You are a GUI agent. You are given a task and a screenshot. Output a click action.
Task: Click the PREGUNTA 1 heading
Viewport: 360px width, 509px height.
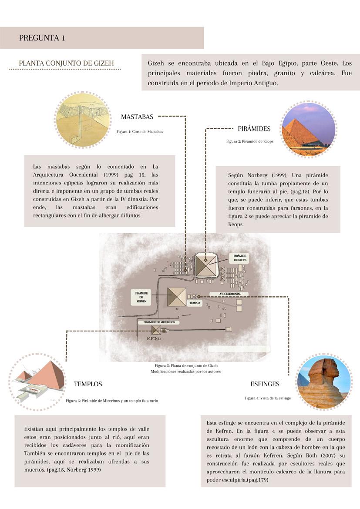42,38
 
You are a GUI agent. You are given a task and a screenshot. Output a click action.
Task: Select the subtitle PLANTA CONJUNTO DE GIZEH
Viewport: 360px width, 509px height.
66,63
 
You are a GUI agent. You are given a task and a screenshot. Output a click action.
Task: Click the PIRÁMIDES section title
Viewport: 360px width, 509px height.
254,129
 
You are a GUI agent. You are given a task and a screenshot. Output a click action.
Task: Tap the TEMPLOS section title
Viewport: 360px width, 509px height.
88,384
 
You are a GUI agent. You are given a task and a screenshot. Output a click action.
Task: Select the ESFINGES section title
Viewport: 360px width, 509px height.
265,384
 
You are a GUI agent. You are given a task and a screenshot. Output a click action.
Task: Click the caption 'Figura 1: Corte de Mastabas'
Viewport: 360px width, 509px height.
140,131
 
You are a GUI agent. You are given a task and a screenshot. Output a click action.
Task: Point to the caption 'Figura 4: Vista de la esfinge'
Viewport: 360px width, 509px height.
267,398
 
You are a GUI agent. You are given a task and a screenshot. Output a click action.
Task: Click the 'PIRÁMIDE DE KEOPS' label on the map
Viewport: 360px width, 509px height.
240,258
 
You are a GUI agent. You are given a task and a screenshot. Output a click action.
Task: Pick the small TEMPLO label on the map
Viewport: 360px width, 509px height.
194,302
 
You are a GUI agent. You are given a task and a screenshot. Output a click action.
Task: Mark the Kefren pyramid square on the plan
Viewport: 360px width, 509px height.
177,297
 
